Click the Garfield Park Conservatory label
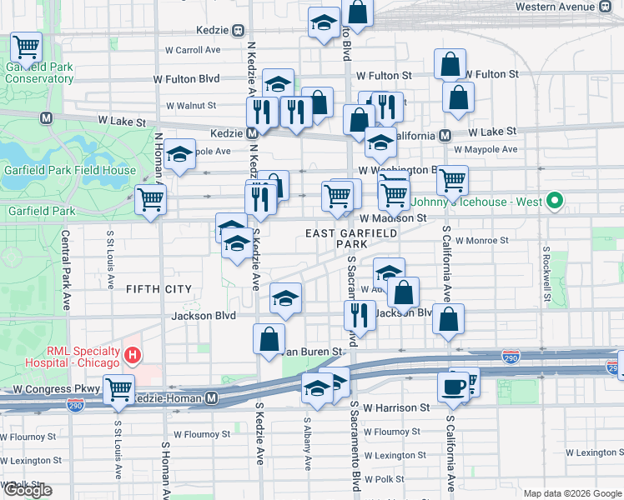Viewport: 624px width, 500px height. (39, 72)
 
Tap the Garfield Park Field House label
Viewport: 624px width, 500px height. (68, 170)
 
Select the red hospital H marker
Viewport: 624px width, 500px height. (132, 357)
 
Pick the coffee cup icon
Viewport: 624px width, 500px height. (454, 387)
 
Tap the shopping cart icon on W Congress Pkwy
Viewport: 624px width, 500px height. (119, 388)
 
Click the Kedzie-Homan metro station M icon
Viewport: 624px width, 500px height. (213, 398)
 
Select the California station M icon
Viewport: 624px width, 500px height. (445, 135)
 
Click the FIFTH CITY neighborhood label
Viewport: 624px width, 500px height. (159, 289)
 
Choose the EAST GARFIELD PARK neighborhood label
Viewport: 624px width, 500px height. (350, 239)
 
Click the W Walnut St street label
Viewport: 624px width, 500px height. (191, 106)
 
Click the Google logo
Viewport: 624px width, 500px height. (27, 490)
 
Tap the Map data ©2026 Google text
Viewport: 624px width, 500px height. (571, 493)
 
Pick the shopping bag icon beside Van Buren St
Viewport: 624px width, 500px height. (269, 340)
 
